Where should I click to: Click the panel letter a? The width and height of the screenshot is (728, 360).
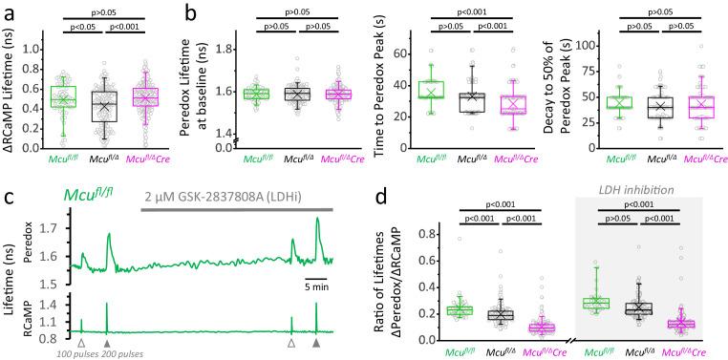click(9, 13)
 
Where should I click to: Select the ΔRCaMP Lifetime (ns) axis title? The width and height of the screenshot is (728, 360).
click(12, 93)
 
